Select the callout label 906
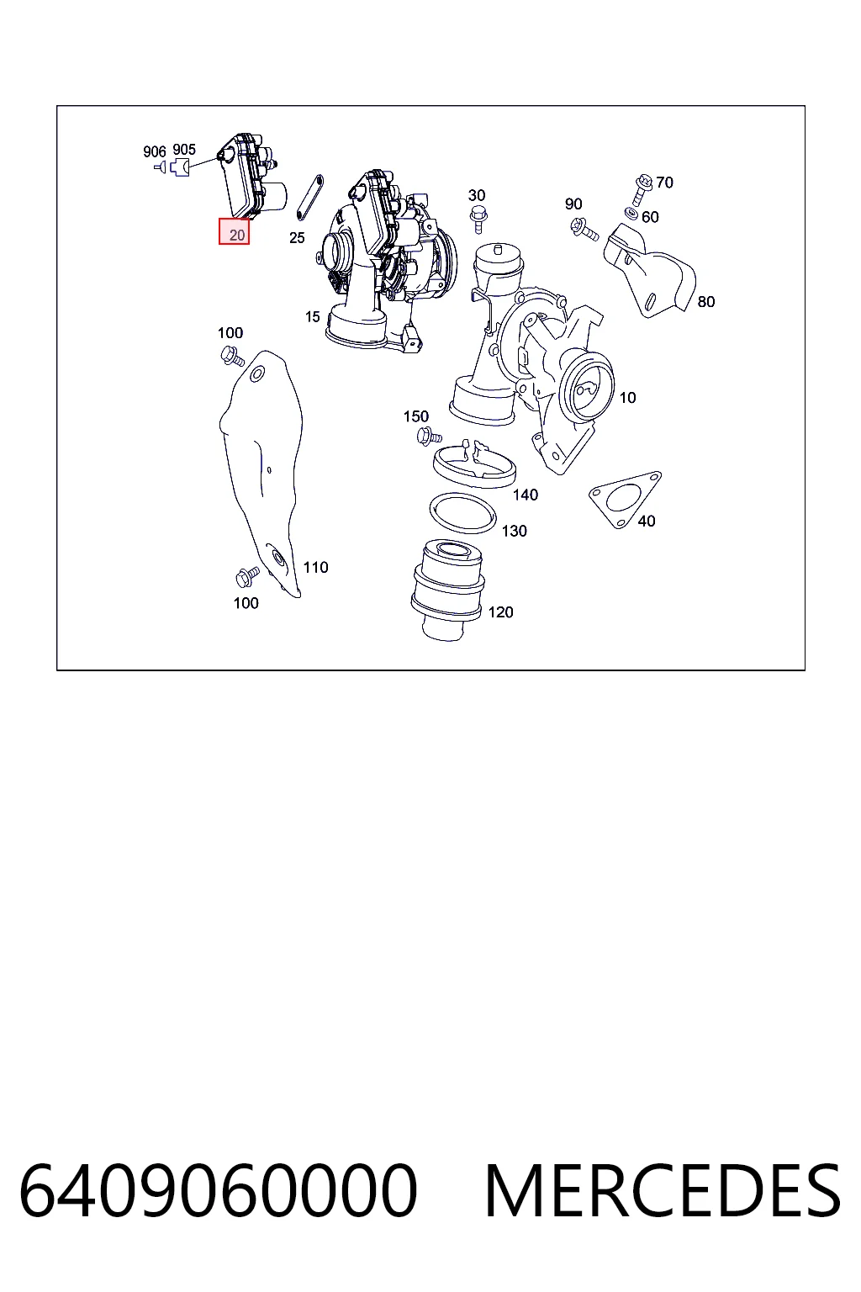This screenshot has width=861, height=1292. tap(154, 151)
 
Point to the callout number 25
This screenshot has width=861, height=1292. tap(297, 238)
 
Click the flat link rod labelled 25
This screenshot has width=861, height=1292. tap(309, 198)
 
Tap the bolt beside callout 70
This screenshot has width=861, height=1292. tap(642, 190)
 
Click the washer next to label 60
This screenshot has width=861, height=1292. tap(631, 214)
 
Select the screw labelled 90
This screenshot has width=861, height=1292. tap(584, 229)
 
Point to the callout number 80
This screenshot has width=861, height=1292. tap(706, 302)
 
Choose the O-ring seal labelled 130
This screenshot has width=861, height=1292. tap(463, 514)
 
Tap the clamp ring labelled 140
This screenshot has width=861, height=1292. tap(474, 462)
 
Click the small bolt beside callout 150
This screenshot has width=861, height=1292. tap(429, 436)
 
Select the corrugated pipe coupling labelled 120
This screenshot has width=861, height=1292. tap(447, 590)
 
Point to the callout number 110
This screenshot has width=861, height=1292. tap(315, 568)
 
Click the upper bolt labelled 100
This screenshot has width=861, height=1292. tap(233, 355)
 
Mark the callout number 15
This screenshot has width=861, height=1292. tap(312, 316)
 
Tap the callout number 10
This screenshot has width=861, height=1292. tap(627, 397)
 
